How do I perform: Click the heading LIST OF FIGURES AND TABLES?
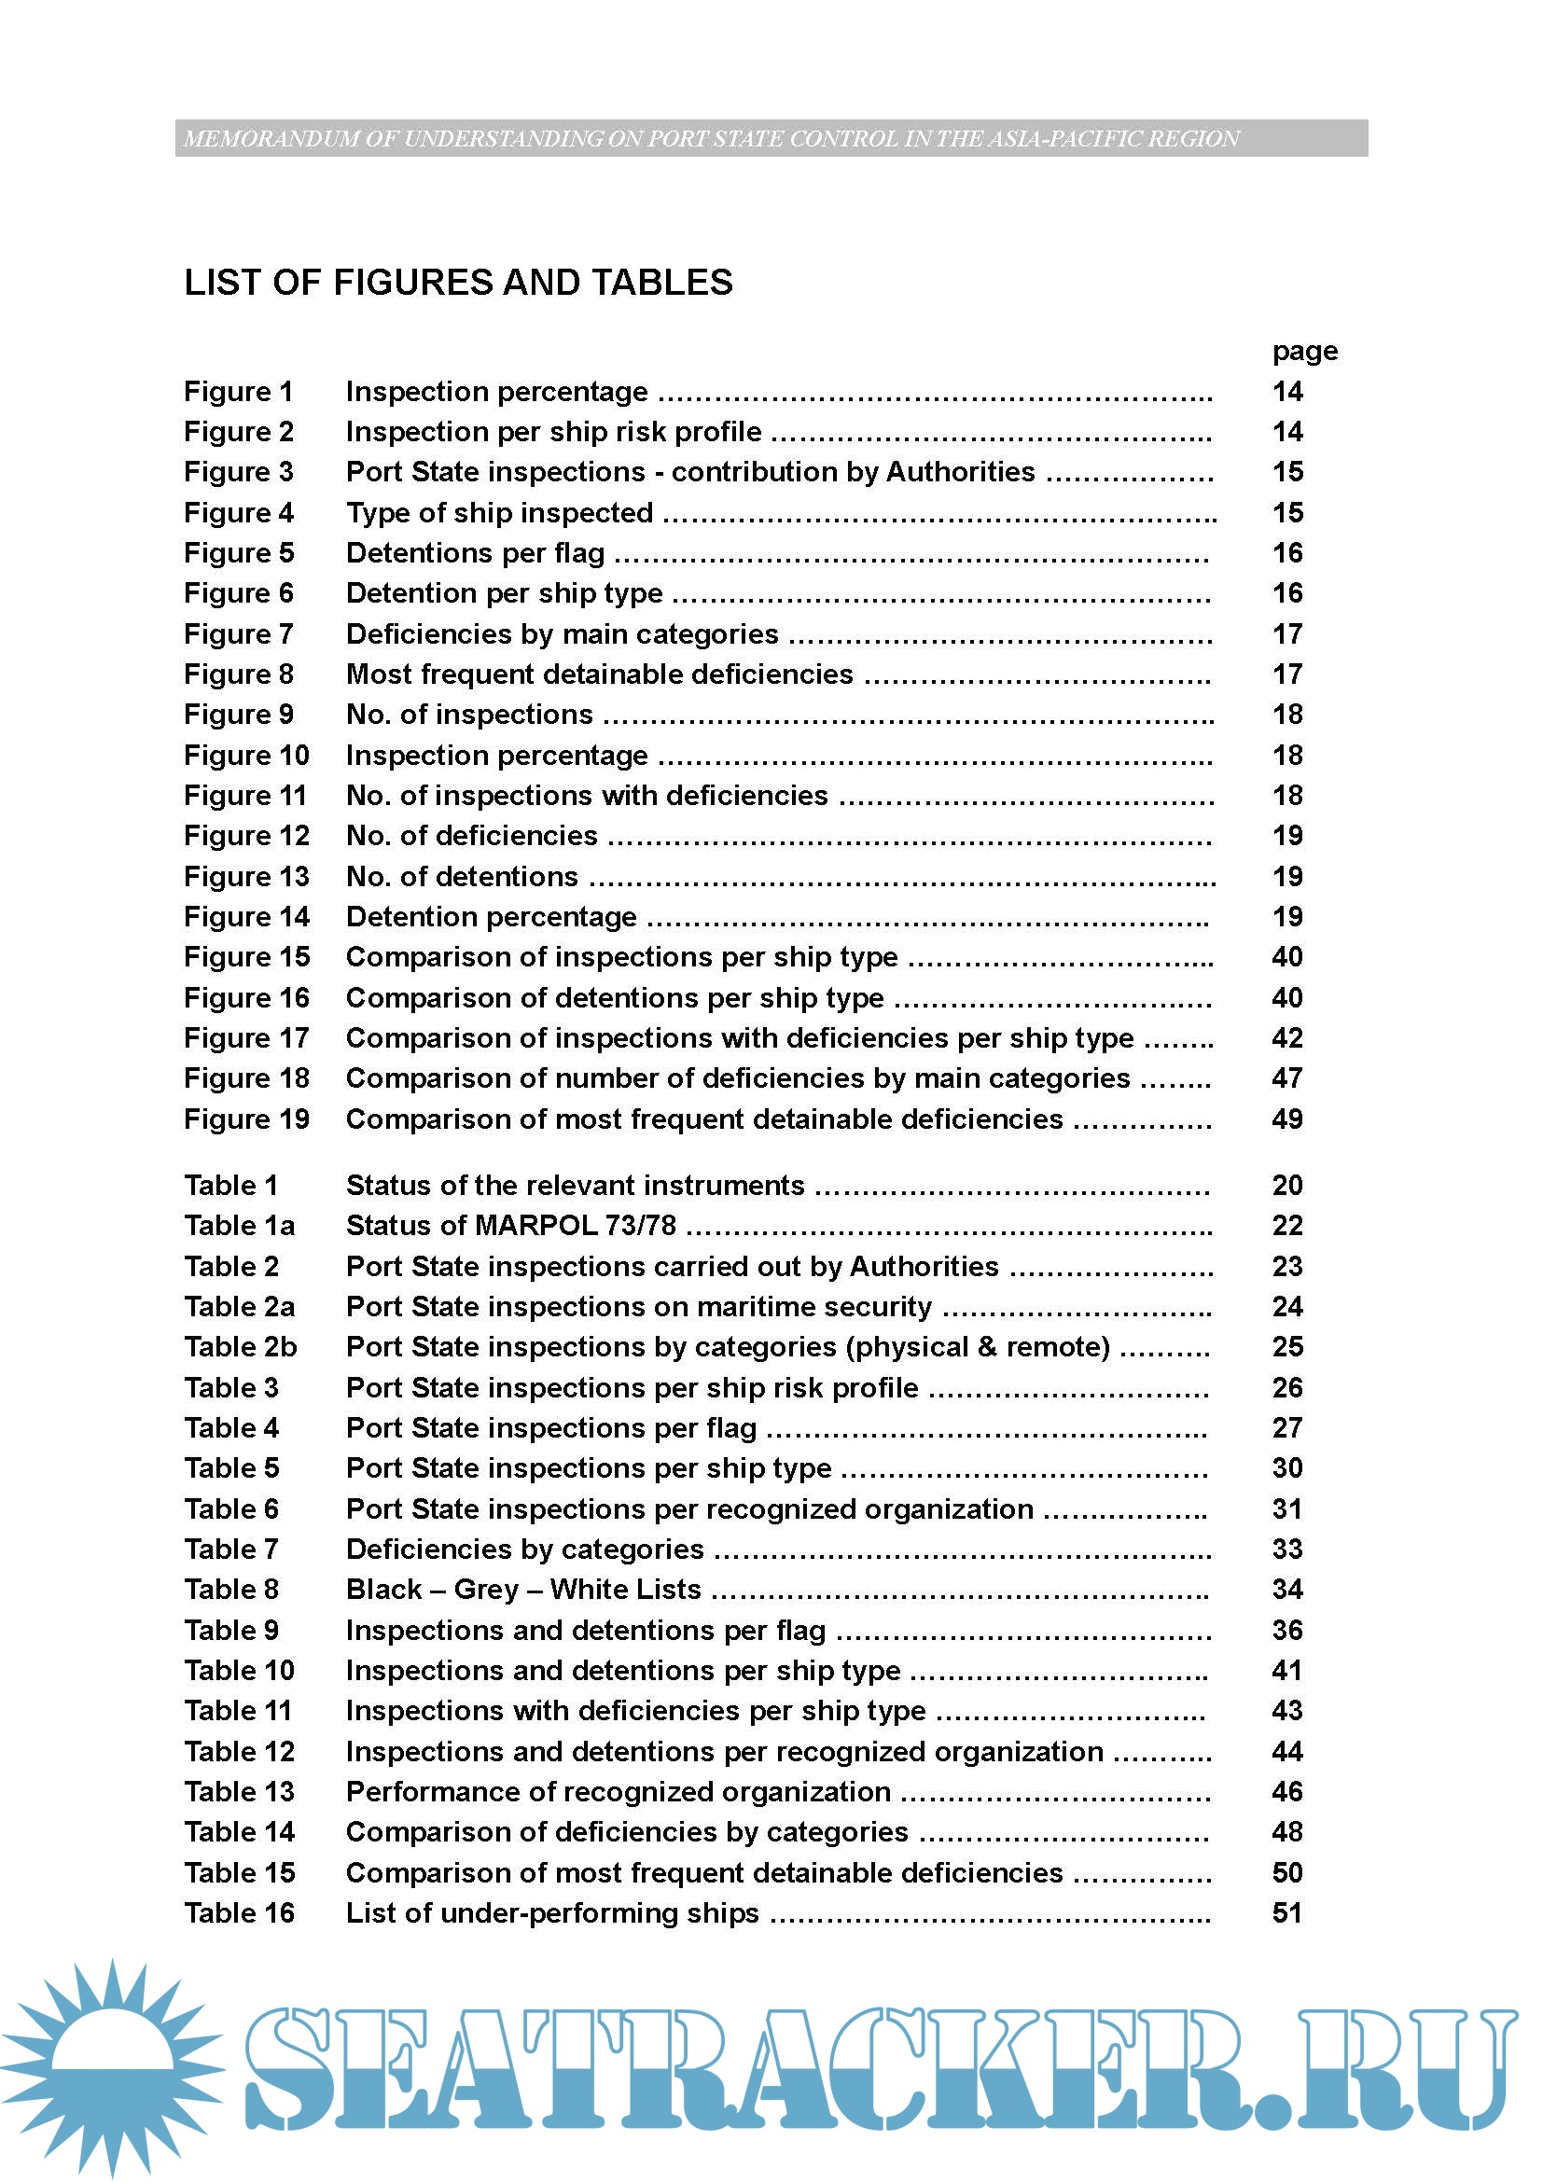(x=458, y=283)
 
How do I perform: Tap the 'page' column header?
(x=1303, y=352)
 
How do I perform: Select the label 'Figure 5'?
(x=239, y=553)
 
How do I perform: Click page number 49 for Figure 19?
(x=1286, y=1119)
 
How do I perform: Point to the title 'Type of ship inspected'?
(x=499, y=513)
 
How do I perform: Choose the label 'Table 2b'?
(x=241, y=1347)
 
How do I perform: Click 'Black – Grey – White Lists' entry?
(x=522, y=1589)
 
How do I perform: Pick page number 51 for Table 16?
(x=1286, y=1912)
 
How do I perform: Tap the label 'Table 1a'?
(x=240, y=1225)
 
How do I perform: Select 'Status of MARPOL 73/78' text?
(x=510, y=1225)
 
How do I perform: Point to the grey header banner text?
(x=711, y=139)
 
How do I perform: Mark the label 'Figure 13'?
(x=246, y=876)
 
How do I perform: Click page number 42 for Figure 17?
(x=1286, y=1037)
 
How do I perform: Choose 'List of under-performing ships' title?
(x=552, y=1912)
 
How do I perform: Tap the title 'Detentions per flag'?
(x=475, y=553)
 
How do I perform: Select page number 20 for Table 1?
(x=1286, y=1185)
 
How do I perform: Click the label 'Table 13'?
(x=240, y=1791)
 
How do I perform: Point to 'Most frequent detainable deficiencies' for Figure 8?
(x=599, y=674)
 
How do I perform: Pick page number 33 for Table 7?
(x=1286, y=1550)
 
